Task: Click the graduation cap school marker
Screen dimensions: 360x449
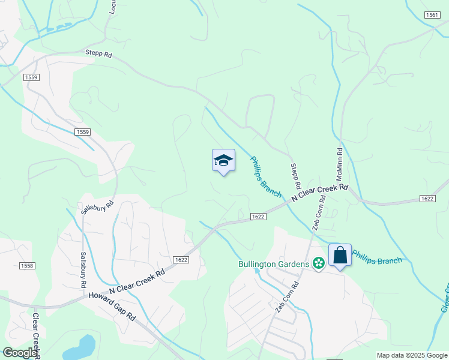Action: tap(223, 161)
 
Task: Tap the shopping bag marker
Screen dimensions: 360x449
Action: tap(340, 255)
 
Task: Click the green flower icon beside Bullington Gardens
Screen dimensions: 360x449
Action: tap(319, 263)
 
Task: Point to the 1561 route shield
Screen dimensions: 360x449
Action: tap(431, 14)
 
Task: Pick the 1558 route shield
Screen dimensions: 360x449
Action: tap(27, 266)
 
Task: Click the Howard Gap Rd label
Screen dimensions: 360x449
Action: tap(112, 306)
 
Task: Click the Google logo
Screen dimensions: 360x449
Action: tap(20, 353)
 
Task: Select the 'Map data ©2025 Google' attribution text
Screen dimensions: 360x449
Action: tap(411, 355)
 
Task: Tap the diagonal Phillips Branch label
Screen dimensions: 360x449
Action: tap(265, 176)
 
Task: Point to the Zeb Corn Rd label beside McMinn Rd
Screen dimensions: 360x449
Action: tap(318, 213)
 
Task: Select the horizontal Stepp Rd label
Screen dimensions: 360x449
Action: tap(98, 53)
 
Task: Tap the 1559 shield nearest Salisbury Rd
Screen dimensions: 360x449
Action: tap(83, 131)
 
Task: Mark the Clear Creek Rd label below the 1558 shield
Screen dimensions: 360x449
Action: tap(36, 336)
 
